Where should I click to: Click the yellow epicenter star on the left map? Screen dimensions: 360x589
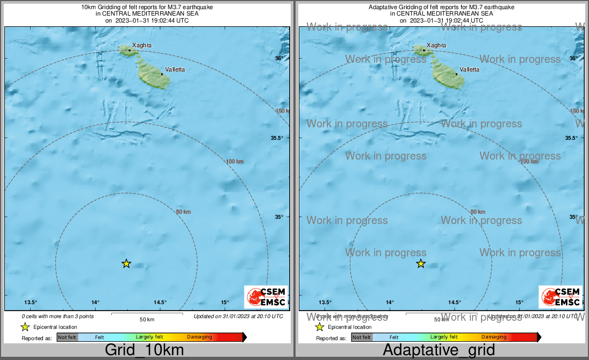pyautogui.click(x=126, y=263)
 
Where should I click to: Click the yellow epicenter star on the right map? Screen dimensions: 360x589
pyautogui.click(x=421, y=263)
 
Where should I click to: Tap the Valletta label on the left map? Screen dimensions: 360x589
pyautogui.click(x=176, y=69)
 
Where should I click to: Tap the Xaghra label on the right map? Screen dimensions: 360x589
pyautogui.click(x=436, y=46)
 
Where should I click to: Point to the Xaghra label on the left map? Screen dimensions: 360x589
pyautogui.click(x=141, y=46)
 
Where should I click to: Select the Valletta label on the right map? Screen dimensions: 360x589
pyautogui.click(x=470, y=69)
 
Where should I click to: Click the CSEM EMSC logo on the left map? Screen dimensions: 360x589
pyautogui.click(x=266, y=297)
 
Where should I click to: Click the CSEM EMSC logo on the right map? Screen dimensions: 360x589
pyautogui.click(x=561, y=297)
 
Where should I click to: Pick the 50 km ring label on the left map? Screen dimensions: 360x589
pyautogui.click(x=183, y=212)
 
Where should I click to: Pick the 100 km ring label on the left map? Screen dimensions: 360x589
pyautogui.click(x=234, y=162)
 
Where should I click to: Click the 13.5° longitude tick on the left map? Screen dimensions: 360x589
pyautogui.click(x=31, y=303)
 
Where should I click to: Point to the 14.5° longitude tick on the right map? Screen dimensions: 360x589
pyautogui.click(x=455, y=303)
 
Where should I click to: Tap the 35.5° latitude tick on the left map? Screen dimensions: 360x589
pyautogui.click(x=277, y=138)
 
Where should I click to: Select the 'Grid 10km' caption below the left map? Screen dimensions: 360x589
pyautogui.click(x=144, y=350)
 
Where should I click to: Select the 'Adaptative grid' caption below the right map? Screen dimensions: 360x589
pyautogui.click(x=439, y=350)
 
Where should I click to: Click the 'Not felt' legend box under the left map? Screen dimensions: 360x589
pyautogui.click(x=67, y=337)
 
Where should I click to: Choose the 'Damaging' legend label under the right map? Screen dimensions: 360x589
pyautogui.click(x=494, y=337)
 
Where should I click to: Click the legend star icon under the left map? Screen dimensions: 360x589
pyautogui.click(x=25, y=327)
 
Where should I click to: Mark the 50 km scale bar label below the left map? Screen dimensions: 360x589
pyautogui.click(x=147, y=320)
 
